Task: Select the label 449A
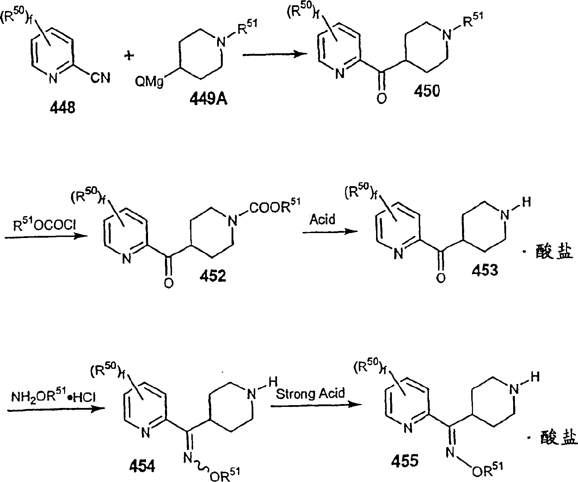coord(209,100)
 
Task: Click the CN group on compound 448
coord(100,78)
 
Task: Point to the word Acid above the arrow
coord(322,220)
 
